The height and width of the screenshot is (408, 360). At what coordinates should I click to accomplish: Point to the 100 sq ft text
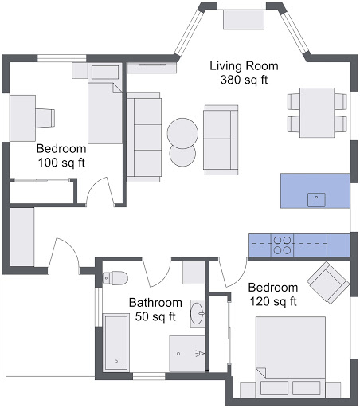pos(61,163)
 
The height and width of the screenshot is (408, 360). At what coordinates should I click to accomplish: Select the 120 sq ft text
pos(272,301)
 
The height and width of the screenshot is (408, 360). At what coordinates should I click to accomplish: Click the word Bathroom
pos(155,304)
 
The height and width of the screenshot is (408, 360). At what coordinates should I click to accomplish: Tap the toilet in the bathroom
pos(115,278)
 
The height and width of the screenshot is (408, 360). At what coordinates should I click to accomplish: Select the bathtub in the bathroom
pos(116,343)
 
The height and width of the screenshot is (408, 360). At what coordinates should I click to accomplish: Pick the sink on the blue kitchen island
pos(319,198)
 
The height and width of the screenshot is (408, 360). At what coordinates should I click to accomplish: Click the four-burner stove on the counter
pos(283,244)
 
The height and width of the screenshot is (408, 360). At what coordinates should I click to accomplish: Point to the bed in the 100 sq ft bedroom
pos(104,108)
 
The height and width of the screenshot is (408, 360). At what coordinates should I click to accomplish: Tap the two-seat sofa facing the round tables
pos(220,139)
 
